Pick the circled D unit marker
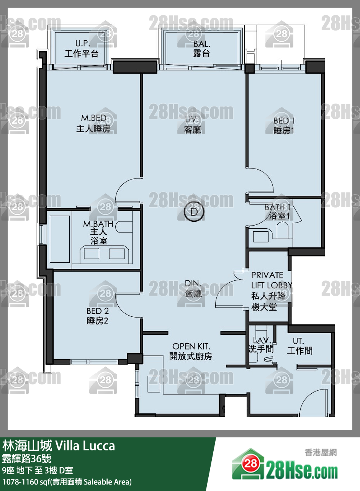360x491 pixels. [194, 212]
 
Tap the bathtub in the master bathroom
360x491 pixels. [60, 239]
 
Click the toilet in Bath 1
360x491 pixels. [283, 230]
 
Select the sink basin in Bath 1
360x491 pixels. [261, 236]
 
